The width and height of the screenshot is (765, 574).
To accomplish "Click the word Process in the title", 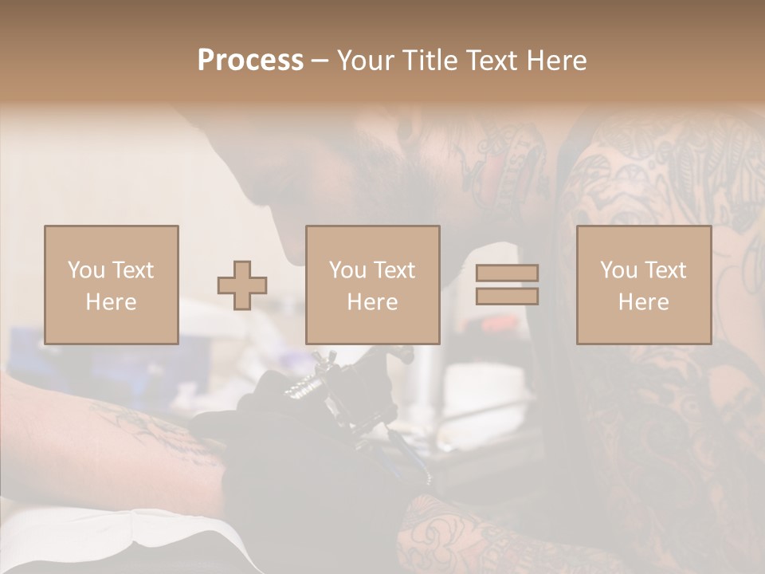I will point(250,61).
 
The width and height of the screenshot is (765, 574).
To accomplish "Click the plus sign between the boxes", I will point(242,285).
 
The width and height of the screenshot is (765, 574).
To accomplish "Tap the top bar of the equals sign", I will point(507,273).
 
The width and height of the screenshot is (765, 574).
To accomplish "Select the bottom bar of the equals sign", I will point(507,296).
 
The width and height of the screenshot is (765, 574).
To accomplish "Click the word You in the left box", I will point(86,270).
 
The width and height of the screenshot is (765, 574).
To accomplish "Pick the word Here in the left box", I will point(111,302).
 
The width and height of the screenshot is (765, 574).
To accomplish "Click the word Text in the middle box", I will point(394,270).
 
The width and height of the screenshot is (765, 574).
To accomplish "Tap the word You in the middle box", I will point(347,270).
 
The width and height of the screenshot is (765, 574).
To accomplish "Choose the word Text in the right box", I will point(665,270).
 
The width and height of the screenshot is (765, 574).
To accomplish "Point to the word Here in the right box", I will point(643,302).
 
